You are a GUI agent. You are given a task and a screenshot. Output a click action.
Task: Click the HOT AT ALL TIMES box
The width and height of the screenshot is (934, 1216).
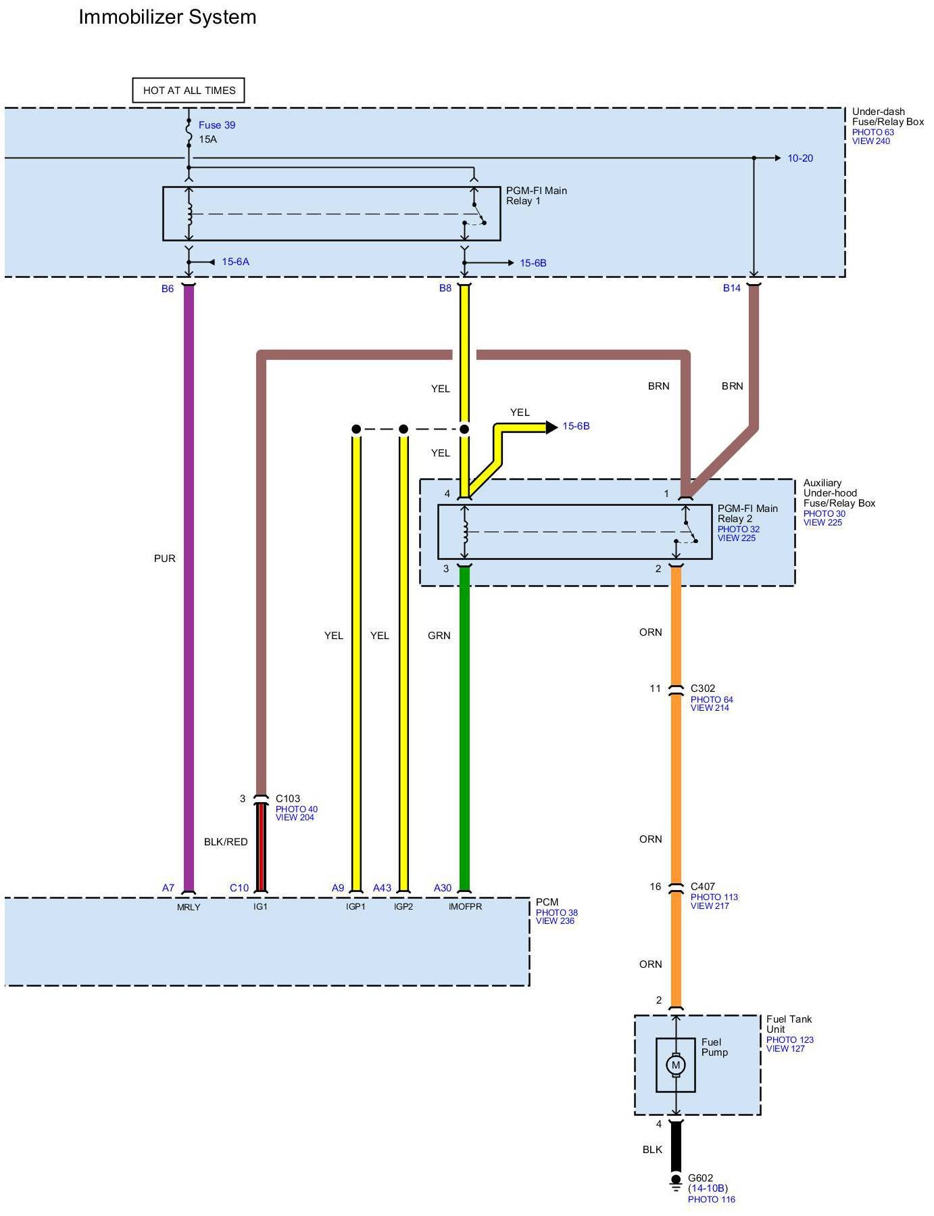(189, 90)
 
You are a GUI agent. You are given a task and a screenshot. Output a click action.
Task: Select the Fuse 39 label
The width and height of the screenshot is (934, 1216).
(217, 125)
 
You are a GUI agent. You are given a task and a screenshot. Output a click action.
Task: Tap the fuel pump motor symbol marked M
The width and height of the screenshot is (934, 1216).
(675, 1065)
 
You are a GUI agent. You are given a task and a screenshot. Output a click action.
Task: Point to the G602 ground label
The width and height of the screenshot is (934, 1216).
(700, 1177)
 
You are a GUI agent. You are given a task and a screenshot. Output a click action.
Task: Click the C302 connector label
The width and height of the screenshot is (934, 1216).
(703, 688)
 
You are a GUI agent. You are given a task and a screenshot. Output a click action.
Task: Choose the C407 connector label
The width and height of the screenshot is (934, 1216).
(703, 887)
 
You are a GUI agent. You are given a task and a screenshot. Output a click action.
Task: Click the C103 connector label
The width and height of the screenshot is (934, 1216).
(288, 799)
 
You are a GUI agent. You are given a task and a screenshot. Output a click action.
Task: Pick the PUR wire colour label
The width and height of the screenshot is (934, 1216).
(164, 559)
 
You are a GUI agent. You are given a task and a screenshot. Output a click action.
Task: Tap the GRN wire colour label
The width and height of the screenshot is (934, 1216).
(439, 636)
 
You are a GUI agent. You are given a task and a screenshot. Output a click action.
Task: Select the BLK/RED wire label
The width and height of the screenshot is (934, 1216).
(226, 842)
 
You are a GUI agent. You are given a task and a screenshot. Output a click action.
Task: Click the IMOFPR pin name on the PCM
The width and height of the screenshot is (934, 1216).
(465, 907)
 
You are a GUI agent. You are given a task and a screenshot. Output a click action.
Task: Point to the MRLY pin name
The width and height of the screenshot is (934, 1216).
(189, 907)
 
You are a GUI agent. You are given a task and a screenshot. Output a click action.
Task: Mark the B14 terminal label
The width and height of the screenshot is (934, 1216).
(732, 288)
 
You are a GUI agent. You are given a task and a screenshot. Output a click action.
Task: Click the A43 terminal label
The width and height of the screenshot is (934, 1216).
(382, 888)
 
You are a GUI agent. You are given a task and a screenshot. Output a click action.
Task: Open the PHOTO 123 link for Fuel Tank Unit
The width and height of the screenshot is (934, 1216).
(790, 1040)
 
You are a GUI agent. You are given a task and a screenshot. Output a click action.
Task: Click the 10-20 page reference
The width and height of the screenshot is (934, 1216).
(800, 158)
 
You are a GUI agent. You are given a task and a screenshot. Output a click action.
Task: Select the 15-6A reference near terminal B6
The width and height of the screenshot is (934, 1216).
(235, 262)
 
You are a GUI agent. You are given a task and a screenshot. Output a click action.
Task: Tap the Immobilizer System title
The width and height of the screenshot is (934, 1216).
(168, 17)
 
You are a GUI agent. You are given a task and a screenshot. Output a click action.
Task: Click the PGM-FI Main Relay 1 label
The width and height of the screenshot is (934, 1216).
(537, 195)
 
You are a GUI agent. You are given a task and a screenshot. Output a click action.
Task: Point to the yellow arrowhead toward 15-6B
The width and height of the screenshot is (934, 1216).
(552, 427)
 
